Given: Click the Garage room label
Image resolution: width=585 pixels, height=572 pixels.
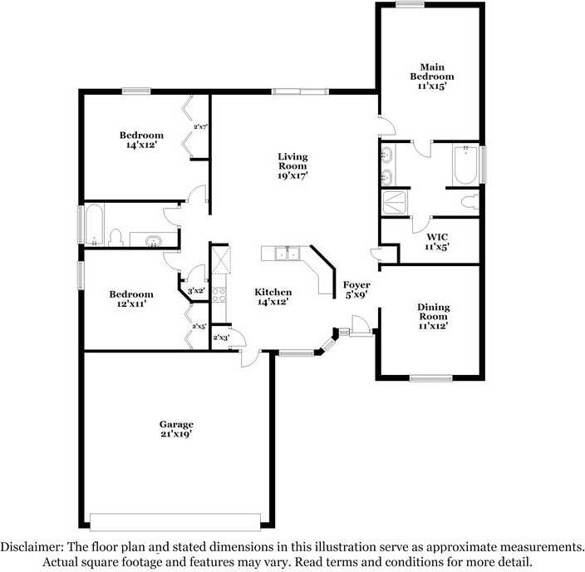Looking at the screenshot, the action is [176, 429].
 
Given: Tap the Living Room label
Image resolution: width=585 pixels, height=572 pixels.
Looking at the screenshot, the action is [292, 165].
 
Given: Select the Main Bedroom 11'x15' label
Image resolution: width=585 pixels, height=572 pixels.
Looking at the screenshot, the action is [432, 76].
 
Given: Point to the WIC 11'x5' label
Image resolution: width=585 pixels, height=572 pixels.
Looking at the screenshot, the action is [437, 242].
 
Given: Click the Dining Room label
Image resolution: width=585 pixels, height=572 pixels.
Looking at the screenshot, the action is [434, 316].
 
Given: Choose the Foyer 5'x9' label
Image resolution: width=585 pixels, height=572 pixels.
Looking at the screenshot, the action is [356, 289].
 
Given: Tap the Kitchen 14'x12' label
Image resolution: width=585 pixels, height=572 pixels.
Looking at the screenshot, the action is [273, 297].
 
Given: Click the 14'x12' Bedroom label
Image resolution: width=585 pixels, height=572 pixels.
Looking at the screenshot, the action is [141, 140].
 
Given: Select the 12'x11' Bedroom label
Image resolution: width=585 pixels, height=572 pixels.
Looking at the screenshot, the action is [131, 298].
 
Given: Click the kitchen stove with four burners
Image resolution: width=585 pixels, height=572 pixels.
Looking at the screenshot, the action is [219, 294].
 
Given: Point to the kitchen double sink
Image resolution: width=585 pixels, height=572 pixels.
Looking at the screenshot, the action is [288, 254].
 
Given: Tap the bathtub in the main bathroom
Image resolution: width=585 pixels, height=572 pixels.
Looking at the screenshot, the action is [465, 165].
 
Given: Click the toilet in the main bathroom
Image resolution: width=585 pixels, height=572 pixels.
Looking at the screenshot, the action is [470, 202].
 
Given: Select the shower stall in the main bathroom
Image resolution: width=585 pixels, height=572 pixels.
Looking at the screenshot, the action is [395, 203].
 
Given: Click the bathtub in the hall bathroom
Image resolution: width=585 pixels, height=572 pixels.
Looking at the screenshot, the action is [95, 224].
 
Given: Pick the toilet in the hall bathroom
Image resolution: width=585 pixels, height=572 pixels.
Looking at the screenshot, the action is [116, 238].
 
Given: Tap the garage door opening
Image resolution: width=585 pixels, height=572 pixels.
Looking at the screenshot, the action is [175, 522].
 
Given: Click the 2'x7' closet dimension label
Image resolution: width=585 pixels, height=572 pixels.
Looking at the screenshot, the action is [200, 126].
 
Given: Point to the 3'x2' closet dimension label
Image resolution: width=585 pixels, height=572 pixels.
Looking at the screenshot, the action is [196, 291].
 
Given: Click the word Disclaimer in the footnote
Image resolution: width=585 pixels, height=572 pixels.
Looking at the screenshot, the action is [32, 547].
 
